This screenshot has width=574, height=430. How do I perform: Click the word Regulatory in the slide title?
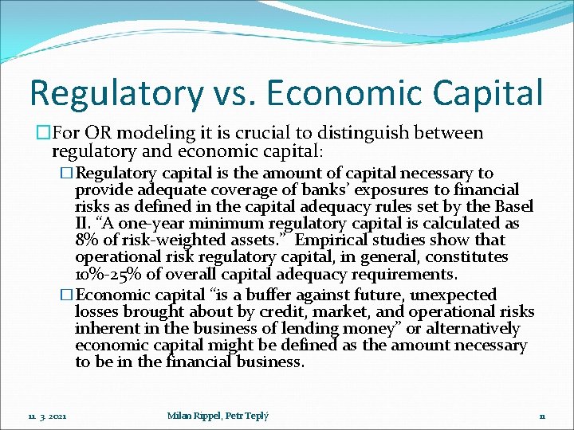(116, 93)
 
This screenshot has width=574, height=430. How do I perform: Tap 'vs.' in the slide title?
(235, 93)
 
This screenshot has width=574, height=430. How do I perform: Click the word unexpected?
(455, 295)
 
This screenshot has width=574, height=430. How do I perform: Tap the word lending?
(298, 329)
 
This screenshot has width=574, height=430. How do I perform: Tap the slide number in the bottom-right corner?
(541, 416)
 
